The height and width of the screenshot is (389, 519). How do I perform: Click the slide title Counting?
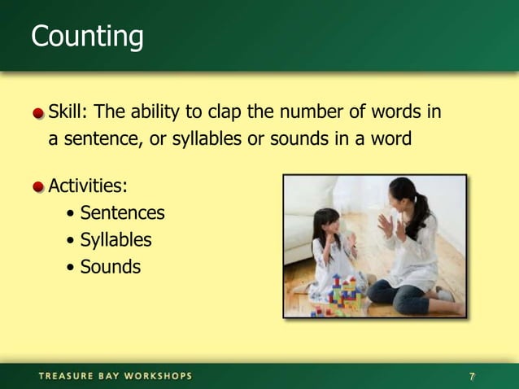pos(87,37)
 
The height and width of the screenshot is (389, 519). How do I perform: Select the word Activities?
pos(88,186)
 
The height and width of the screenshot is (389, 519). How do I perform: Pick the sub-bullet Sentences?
pos(122,213)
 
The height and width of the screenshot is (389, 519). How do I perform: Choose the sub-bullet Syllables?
pos(116,240)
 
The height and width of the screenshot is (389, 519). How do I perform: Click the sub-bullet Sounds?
pos(110,266)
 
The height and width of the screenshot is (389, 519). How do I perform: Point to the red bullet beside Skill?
pos(39,112)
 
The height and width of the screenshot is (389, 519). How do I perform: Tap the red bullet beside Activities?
pos(39,187)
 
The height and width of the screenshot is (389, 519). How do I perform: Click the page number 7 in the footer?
pos(472,376)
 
